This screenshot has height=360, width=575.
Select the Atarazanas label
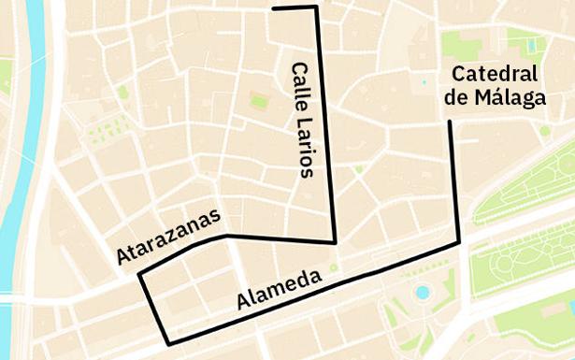(169, 238)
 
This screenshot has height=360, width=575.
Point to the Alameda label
(279, 289)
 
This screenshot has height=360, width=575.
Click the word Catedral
(496, 75)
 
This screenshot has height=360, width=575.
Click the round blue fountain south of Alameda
(423, 293)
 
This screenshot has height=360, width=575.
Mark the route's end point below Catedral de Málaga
(450, 122)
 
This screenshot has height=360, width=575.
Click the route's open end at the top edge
(274, 8)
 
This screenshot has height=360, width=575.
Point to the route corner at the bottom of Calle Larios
(334, 241)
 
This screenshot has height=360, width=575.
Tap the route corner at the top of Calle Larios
(317, 7)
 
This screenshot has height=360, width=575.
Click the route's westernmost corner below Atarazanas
(139, 275)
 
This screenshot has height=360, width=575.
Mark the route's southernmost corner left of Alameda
(167, 343)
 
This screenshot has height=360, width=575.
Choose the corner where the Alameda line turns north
(459, 243)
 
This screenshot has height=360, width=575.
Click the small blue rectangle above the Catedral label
(532, 44)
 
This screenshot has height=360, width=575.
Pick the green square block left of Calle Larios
(259, 100)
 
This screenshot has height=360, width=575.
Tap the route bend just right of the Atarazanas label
(226, 236)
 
